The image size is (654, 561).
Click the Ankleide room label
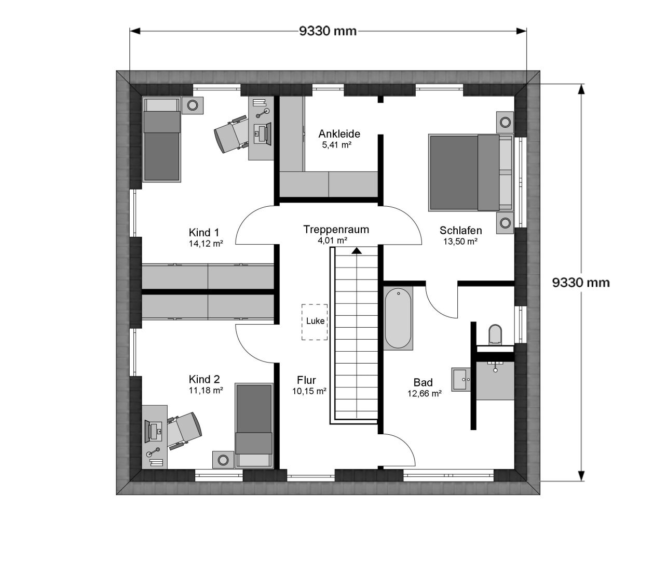(x=339, y=134)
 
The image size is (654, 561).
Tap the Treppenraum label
(x=336, y=230)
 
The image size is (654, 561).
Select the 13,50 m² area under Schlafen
(x=460, y=242)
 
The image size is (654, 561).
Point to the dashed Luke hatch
(x=315, y=322)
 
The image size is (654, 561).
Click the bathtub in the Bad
(x=398, y=318)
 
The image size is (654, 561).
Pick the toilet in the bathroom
(x=495, y=335)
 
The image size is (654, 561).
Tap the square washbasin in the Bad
(x=461, y=379)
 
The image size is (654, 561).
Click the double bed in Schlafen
(x=471, y=172)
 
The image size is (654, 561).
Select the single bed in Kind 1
(x=161, y=139)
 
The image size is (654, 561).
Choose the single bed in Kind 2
(x=254, y=425)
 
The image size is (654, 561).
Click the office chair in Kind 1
(x=230, y=134)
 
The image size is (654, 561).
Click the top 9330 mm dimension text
(x=328, y=31)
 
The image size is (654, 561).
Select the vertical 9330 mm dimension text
(x=581, y=283)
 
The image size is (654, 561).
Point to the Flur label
(x=306, y=380)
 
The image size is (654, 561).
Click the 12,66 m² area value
(x=424, y=394)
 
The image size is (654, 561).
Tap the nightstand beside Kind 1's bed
(x=193, y=105)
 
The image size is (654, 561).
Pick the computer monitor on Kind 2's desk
(x=147, y=431)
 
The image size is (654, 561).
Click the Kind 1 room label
(x=204, y=233)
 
